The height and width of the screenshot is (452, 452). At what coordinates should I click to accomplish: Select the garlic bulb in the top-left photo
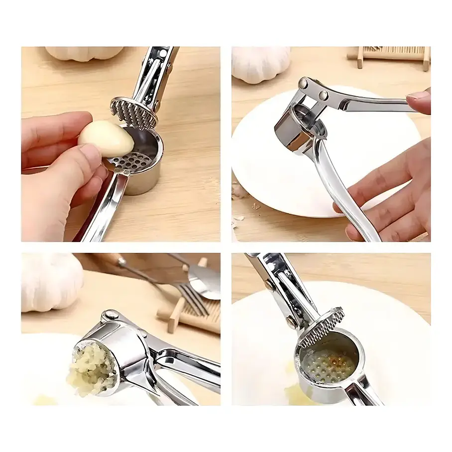[85, 53]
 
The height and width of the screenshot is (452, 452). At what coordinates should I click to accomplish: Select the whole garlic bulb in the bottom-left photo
[50, 281]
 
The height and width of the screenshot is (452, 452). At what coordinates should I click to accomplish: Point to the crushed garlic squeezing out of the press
[92, 368]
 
